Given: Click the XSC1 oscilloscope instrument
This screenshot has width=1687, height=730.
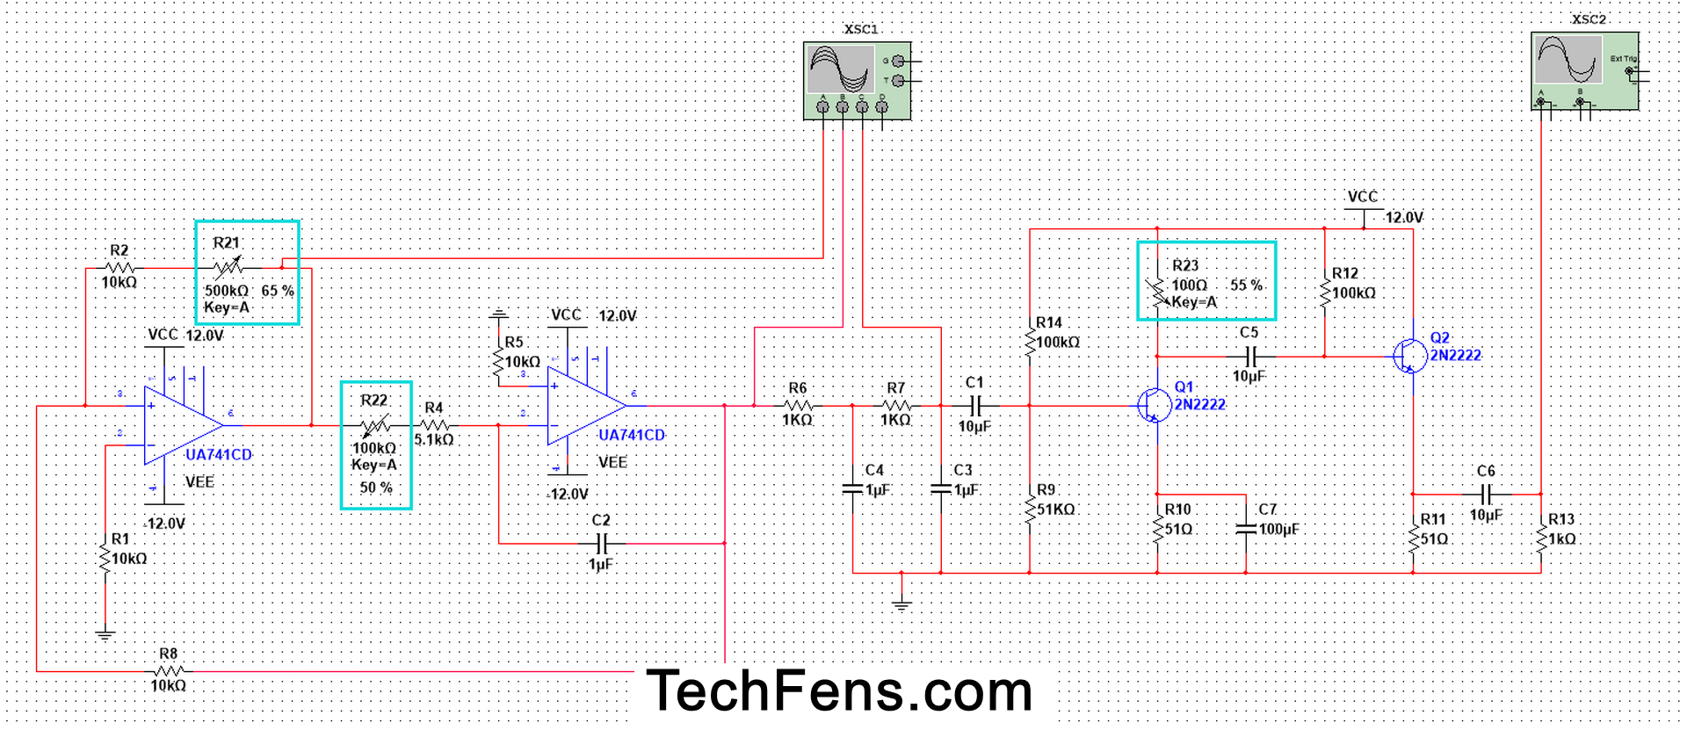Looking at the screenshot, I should click(857, 80).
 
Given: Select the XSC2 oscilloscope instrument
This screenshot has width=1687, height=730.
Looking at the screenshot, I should click(1584, 71).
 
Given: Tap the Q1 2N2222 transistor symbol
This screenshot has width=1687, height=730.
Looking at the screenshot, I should click(1154, 405).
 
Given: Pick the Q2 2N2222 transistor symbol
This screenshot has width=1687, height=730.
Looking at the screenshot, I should click(1409, 356).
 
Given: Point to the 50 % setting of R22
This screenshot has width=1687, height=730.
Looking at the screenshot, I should click(376, 488).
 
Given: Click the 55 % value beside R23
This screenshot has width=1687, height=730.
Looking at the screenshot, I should click(1246, 285).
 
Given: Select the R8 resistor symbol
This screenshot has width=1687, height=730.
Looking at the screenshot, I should click(168, 671).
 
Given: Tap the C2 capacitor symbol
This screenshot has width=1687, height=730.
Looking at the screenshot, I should click(602, 543).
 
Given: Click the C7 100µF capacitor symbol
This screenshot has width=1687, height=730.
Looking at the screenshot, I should click(1246, 529).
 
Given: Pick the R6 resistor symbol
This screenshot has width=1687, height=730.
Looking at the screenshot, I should click(798, 405).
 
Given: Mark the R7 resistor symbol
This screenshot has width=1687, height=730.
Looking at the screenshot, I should click(896, 405).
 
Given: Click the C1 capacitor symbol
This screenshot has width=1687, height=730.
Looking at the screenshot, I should click(975, 405).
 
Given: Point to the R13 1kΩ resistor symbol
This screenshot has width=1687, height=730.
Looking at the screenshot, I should click(1541, 538).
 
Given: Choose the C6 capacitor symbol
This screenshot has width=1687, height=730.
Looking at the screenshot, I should click(1486, 494).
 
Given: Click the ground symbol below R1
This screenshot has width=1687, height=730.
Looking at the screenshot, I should click(105, 634).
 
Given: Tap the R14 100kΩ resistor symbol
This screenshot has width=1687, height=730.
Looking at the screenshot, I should click(1030, 343).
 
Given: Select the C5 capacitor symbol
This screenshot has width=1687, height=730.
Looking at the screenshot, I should click(1251, 356).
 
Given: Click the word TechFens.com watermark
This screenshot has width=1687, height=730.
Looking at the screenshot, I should click(839, 690).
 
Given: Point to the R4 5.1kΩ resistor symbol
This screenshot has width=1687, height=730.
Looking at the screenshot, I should click(434, 425).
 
